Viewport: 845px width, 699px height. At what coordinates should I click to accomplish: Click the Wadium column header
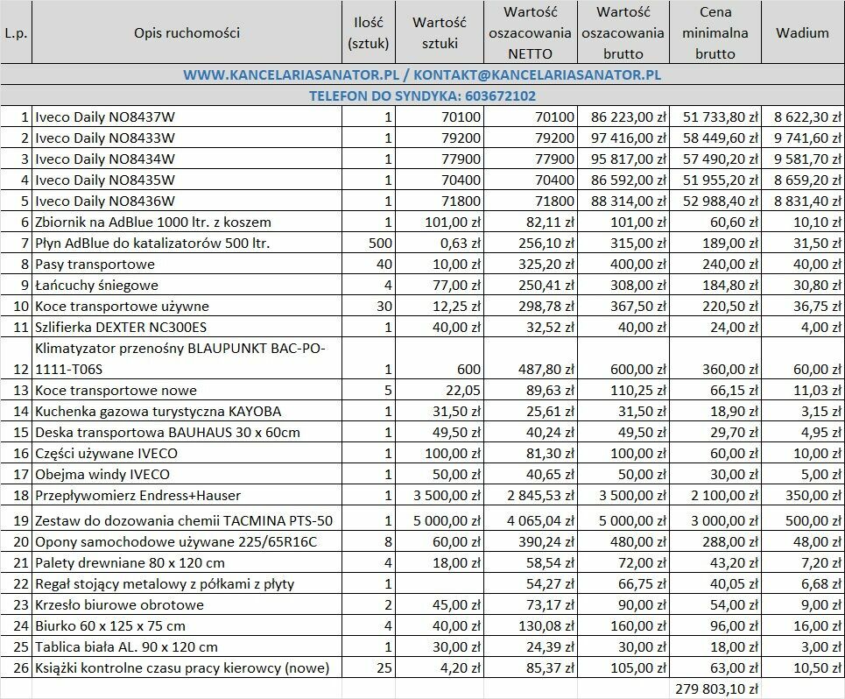tap(801, 33)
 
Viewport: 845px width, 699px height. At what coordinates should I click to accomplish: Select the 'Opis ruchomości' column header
tap(187, 33)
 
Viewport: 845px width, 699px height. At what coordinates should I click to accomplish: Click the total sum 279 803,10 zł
tap(715, 689)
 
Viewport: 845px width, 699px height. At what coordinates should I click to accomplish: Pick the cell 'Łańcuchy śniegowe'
tap(95, 286)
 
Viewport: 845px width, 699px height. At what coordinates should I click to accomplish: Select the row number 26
tap(21, 668)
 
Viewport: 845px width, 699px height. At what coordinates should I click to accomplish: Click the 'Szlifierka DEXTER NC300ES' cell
tap(122, 328)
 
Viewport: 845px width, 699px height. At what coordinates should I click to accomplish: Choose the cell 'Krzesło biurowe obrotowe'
tap(120, 605)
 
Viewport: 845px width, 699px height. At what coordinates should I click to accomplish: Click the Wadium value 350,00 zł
tap(812, 496)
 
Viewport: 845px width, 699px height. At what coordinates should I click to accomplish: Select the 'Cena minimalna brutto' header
tap(715, 33)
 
